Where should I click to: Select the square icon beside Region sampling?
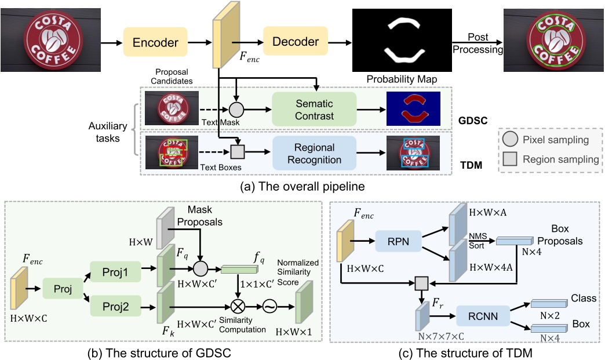pos(510,158)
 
